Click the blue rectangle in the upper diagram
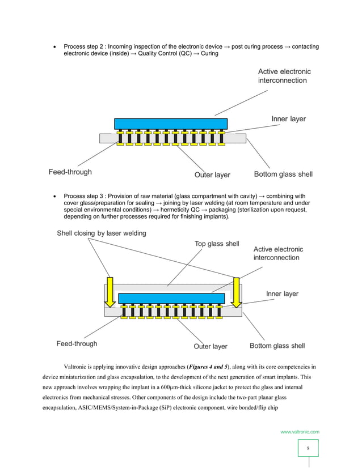(170, 124)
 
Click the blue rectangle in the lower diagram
(171, 298)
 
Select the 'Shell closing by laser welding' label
(101, 233)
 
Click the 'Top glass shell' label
(213, 244)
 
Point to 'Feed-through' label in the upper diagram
(69, 172)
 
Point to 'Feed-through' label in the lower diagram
(77, 343)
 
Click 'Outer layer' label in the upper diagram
(212, 175)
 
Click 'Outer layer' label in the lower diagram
(211, 346)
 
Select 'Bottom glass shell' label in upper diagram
(283, 174)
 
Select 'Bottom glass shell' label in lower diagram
(277, 346)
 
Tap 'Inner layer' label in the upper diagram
(288, 119)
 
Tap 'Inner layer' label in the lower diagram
(282, 293)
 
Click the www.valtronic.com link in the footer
(300, 432)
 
